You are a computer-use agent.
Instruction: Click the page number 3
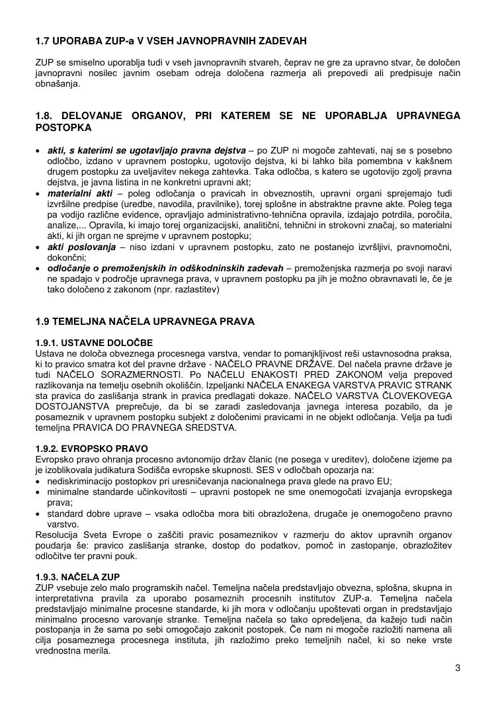coord(457,668)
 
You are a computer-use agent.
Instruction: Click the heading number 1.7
coord(44,41)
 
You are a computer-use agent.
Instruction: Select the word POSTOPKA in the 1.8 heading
coord(63,127)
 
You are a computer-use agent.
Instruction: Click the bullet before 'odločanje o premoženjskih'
coord(38,269)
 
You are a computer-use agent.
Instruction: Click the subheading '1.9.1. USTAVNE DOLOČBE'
coord(93,343)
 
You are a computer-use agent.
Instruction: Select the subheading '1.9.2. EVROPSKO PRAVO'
coord(92,448)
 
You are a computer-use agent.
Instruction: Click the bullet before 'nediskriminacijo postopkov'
coord(38,480)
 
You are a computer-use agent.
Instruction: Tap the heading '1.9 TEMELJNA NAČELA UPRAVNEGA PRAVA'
coord(144,322)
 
